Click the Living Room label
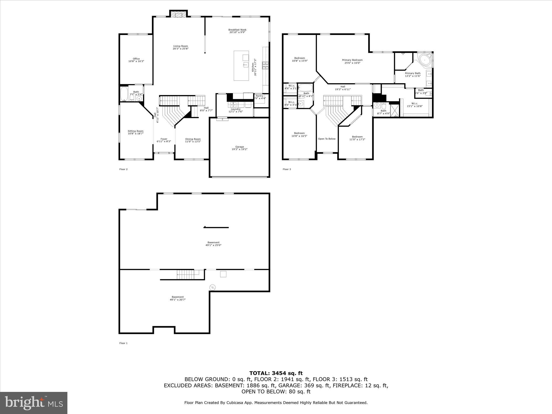[x=180, y=47]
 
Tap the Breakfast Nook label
[x=237, y=31]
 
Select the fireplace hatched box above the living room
[x=178, y=14]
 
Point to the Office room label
[x=136, y=60]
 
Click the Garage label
[x=239, y=148]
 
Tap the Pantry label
[x=260, y=97]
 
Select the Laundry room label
[x=236, y=110]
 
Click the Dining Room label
[x=193, y=140]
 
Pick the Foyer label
[x=164, y=140]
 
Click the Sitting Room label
[x=136, y=132]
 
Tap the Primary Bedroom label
[x=352, y=61]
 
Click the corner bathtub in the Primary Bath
[x=424, y=60]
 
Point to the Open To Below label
[x=327, y=139]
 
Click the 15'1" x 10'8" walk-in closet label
[x=415, y=105]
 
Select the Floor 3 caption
[x=287, y=169]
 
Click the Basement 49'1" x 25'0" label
[x=213, y=244]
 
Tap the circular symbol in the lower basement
[x=213, y=287]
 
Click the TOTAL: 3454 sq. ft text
[x=276, y=373]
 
